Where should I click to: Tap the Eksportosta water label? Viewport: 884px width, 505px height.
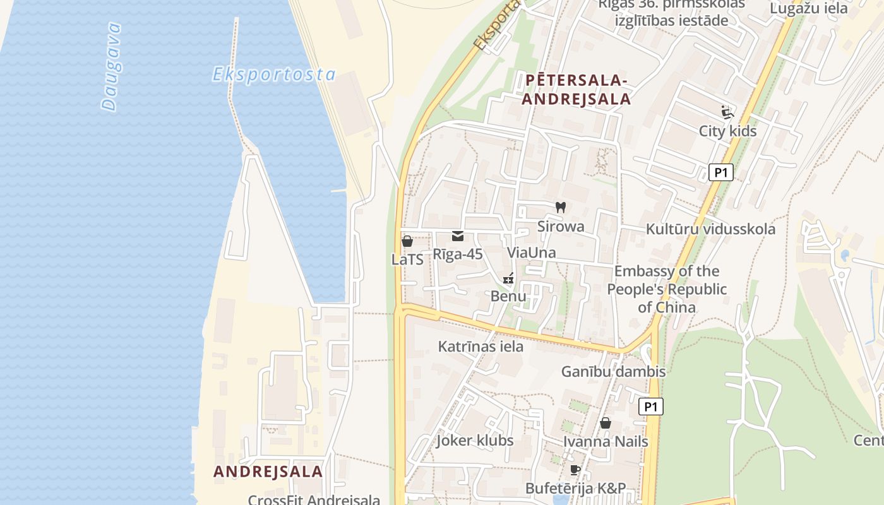point(273,74)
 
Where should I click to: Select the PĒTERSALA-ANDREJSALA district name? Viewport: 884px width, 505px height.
point(576,90)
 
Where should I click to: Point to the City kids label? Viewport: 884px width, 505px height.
point(727,131)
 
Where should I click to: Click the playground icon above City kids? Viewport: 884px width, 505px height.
point(727,112)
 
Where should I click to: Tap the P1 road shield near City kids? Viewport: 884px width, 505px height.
point(720,172)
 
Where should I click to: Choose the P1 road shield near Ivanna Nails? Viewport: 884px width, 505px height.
point(650,407)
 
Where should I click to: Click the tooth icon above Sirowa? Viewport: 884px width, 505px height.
point(560,207)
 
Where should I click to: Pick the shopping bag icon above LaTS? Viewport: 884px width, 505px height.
point(407,241)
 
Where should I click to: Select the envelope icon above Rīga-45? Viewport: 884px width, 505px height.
point(458,236)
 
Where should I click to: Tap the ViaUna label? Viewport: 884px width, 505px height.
point(532,252)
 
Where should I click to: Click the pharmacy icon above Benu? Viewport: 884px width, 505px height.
point(508,278)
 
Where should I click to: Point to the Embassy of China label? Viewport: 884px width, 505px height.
point(667,289)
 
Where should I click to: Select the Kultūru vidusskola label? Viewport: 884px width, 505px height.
point(710,229)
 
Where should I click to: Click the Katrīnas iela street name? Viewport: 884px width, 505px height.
point(481,346)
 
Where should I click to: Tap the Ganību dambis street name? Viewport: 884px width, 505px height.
point(613,371)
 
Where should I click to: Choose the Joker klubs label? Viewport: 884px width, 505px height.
point(475,440)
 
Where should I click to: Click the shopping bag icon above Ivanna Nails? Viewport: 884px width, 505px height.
point(606,423)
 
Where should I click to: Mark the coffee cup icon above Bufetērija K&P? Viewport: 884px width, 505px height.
point(575,470)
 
